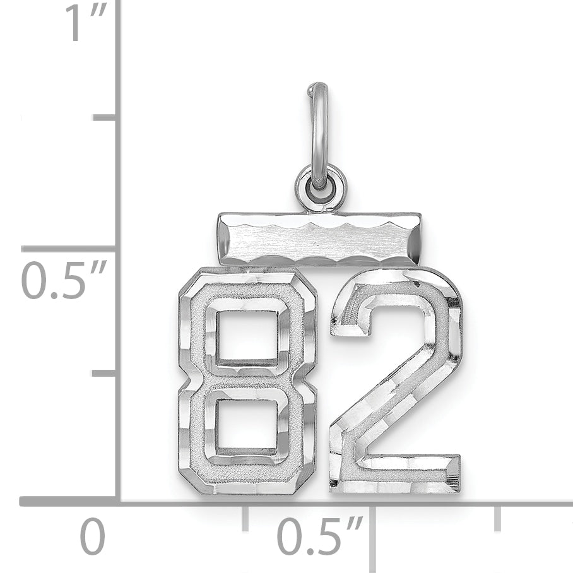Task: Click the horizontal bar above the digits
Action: coord(319,239)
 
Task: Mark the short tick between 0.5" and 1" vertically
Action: coord(105,117)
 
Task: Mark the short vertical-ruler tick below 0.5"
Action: coord(105,374)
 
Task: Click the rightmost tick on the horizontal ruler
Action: coord(498,517)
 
